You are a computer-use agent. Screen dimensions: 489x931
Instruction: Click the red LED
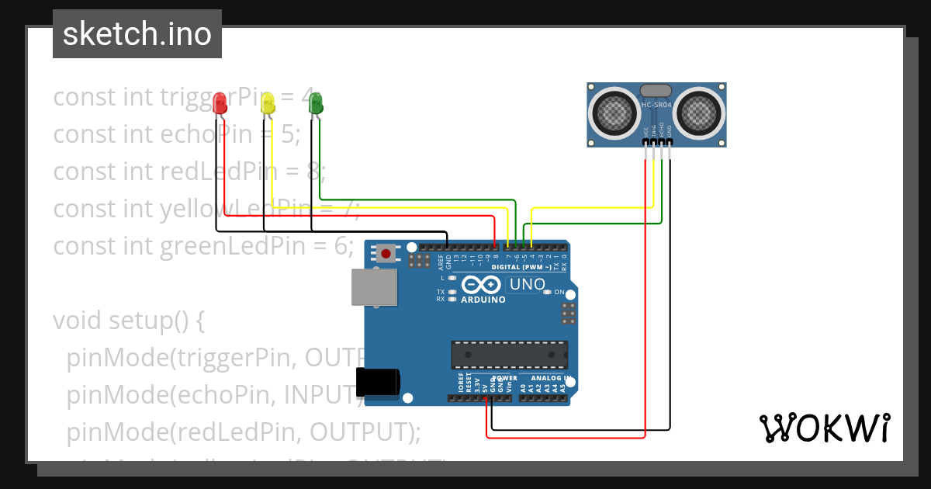click(x=220, y=103)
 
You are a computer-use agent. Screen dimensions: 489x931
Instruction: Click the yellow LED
click(x=268, y=104)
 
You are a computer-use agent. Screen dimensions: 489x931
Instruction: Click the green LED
click(x=316, y=102)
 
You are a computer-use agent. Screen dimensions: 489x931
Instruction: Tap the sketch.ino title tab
click(x=137, y=34)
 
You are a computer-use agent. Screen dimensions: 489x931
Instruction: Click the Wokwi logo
click(x=824, y=428)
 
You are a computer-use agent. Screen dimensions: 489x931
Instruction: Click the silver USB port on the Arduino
click(x=370, y=288)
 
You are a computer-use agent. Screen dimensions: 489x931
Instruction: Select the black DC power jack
click(x=378, y=382)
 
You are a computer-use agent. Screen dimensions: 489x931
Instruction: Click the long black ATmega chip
click(x=510, y=354)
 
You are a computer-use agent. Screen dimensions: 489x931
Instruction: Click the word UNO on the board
click(x=528, y=285)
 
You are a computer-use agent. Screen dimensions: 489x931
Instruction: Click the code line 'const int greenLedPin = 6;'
click(x=203, y=246)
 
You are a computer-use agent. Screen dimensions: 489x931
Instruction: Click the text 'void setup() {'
click(x=129, y=320)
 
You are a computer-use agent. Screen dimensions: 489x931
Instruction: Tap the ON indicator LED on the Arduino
click(x=548, y=292)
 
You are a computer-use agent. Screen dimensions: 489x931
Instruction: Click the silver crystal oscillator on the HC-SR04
click(x=657, y=91)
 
